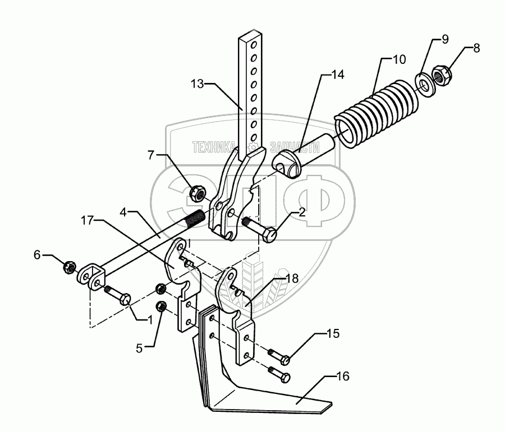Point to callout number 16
(x=343, y=377)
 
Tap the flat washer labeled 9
(x=426, y=81)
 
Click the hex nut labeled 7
(x=198, y=194)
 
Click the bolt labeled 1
(x=118, y=295)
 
